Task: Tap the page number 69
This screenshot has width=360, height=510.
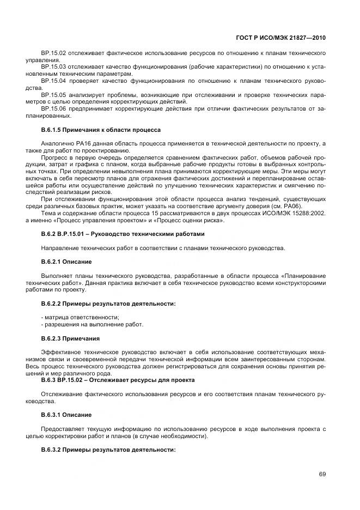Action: point(322,474)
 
